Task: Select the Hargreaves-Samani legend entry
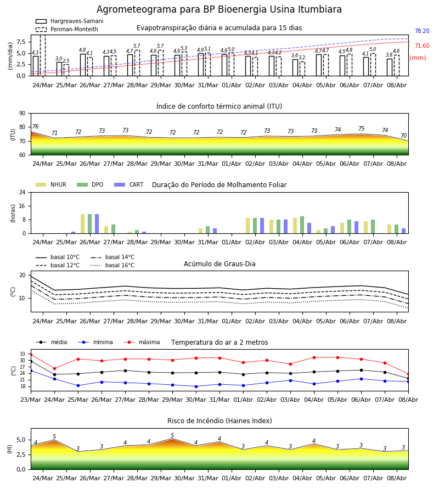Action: click(69, 21)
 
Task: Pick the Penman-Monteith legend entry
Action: click(67, 29)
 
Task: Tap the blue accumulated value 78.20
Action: click(422, 31)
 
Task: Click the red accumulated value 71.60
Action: click(422, 46)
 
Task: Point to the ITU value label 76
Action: click(35, 126)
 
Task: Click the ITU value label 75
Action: click(361, 128)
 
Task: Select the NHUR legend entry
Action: click(51, 184)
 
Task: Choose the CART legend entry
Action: click(129, 184)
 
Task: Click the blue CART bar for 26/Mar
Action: click(97, 224)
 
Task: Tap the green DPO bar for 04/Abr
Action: click(302, 225)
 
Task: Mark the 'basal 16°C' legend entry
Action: click(112, 265)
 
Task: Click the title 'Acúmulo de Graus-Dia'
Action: click(219, 264)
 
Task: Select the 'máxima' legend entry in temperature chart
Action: click(142, 342)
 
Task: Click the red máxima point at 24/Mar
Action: click(54, 369)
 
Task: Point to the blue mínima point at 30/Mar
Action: click(196, 386)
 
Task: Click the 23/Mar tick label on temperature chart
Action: click(31, 400)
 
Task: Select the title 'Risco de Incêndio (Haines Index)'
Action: click(219, 421)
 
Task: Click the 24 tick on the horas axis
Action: click(22, 192)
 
